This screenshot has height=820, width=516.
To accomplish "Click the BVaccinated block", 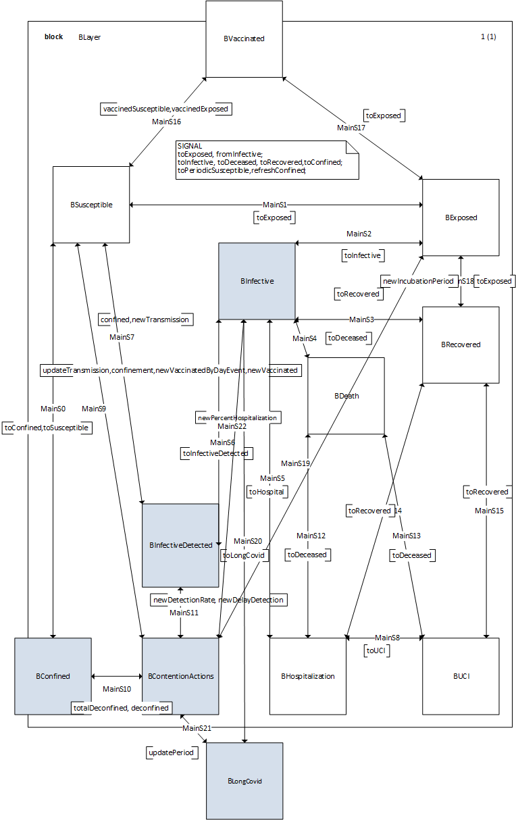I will coord(244,39).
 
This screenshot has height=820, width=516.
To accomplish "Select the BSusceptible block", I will coord(91,205).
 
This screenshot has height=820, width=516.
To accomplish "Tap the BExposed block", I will coord(461,217).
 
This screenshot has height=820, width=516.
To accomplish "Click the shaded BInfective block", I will coord(257,281).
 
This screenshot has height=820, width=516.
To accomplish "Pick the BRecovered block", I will coord(461,344).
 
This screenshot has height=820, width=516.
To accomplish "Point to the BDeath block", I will coord(346,396).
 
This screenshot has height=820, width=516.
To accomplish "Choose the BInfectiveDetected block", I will coord(180,545).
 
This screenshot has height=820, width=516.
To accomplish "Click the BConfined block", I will coord(53,676).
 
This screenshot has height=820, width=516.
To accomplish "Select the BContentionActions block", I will coord(180,676).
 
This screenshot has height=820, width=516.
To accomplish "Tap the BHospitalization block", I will coord(308,676).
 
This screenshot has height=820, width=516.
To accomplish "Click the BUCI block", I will coord(461,676).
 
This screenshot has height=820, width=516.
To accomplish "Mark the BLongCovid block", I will coord(244,781).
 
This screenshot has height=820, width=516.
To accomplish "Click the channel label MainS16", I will coord(166,122).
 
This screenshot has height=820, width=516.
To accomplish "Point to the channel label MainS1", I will coord(275,205).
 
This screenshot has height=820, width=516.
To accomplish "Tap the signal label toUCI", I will coord(376,650).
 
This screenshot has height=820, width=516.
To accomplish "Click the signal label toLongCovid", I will coord(244,555).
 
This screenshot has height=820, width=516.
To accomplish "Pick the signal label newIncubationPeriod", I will coord(417,280).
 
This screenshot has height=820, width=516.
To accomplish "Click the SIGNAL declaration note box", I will coord(267,159).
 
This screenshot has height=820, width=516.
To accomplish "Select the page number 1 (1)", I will coord(488,37).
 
